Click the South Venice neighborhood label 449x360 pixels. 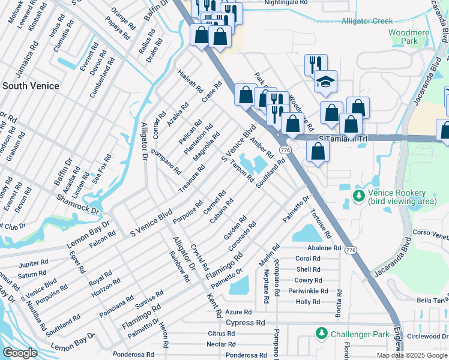(31, 86)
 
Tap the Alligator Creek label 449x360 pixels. (366, 21)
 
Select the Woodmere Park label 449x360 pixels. (403, 37)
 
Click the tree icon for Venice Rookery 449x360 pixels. (359, 196)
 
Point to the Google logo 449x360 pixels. (20, 353)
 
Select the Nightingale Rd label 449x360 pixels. (286, 2)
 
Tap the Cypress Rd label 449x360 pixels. (246, 322)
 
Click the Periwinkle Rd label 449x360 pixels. (308, 291)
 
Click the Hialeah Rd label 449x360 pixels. (191, 82)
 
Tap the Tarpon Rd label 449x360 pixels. (241, 172)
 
